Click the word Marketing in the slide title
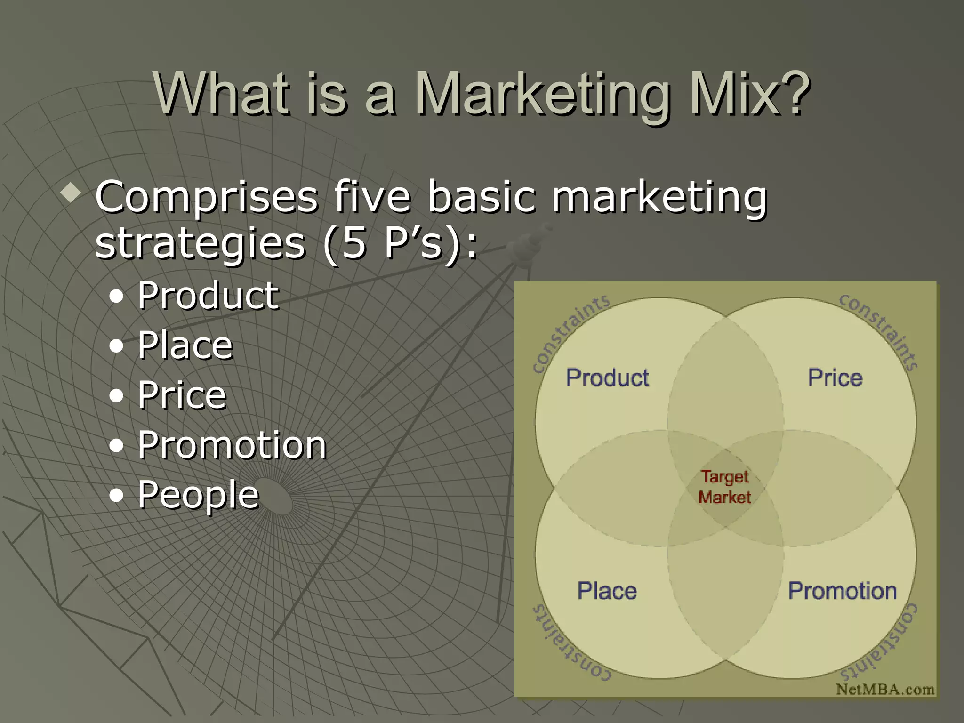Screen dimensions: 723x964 (542, 94)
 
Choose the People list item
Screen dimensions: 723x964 (198, 495)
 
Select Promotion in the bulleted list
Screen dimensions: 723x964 (232, 445)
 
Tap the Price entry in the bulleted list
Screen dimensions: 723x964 (182, 395)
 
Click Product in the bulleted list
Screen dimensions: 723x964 (208, 295)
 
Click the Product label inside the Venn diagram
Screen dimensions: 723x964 (607, 378)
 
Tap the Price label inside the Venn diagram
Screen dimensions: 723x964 (835, 378)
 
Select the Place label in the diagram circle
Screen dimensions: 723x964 (607, 591)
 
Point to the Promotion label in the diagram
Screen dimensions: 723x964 (842, 591)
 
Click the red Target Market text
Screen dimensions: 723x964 (724, 487)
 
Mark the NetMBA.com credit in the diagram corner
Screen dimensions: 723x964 (885, 689)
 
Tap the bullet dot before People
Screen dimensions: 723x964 (116, 496)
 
